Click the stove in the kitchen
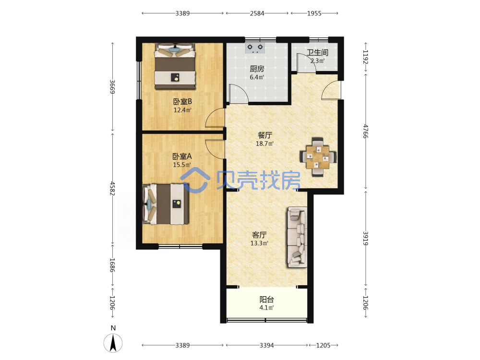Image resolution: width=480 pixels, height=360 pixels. click(x=255, y=48)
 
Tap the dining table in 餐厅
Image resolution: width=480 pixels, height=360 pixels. click(x=318, y=157)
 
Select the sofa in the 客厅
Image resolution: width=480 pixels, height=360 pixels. click(x=297, y=237)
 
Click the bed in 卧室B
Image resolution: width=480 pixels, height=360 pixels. click(x=175, y=66)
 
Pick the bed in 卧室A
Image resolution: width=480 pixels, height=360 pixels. click(x=166, y=204)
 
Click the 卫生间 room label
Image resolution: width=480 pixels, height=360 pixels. click(x=317, y=52)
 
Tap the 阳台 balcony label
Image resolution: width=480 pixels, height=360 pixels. click(x=266, y=299)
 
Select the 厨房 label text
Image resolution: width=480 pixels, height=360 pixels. click(x=257, y=69)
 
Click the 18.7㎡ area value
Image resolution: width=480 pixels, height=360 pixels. click(x=265, y=143)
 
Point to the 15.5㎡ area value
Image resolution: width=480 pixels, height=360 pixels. click(x=182, y=165)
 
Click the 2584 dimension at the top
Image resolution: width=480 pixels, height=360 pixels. click(x=257, y=13)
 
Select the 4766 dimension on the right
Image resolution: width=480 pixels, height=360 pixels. click(x=365, y=132)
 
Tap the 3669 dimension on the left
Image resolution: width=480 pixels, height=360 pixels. click(x=113, y=87)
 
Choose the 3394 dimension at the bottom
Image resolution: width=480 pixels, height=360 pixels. click(x=266, y=345)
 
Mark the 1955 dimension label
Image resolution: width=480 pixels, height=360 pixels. click(x=314, y=13)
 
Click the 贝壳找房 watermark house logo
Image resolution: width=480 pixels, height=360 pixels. click(x=195, y=180)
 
